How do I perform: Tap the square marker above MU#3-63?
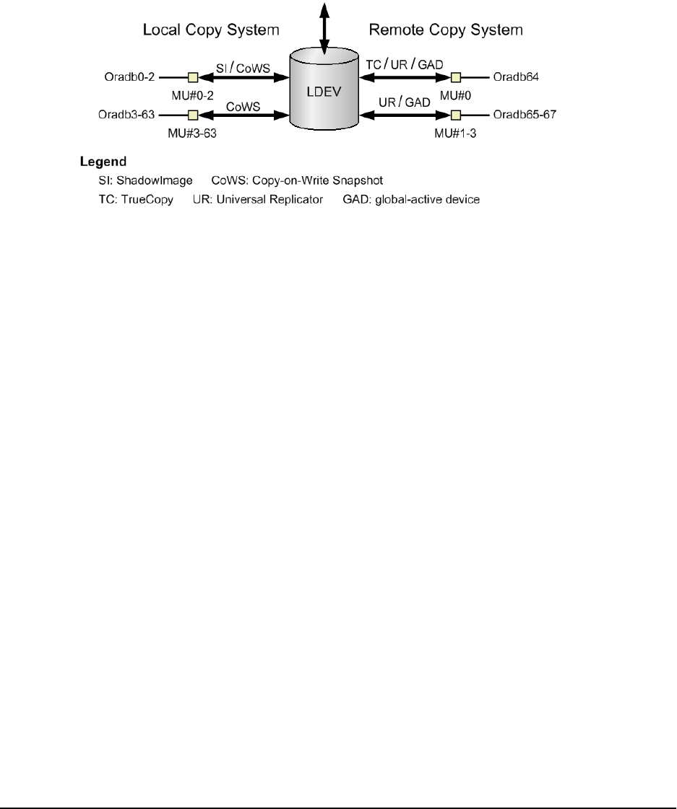point(193,115)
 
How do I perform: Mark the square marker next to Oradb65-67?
point(455,115)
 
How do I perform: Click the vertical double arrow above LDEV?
point(324,26)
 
